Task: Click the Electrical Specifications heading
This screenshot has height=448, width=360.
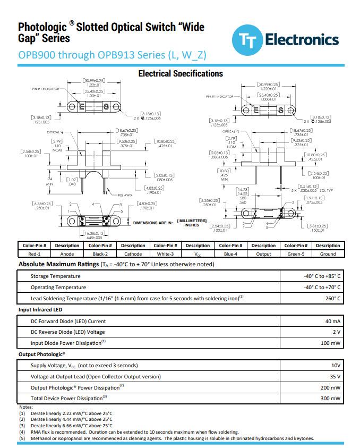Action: click(181, 74)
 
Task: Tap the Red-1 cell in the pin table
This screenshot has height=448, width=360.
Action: click(35, 254)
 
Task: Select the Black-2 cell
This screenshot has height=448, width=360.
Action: click(100, 254)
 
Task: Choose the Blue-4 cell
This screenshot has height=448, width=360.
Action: click(230, 254)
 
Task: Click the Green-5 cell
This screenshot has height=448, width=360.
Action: click(296, 254)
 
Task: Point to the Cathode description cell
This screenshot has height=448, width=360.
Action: click(133, 254)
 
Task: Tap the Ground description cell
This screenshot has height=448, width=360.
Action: click(328, 254)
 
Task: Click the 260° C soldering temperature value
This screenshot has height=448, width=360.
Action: click(333, 299)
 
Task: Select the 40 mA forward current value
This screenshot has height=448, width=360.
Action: click(332, 322)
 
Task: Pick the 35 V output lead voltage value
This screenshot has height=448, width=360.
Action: click(335, 377)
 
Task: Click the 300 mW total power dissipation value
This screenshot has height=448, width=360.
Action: click(330, 398)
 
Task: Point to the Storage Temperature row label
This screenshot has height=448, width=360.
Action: click(56, 276)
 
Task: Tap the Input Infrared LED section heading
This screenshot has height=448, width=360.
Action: click(40, 310)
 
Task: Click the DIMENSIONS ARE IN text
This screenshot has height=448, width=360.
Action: click(153, 223)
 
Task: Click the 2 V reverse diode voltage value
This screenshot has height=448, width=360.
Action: click(336, 332)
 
